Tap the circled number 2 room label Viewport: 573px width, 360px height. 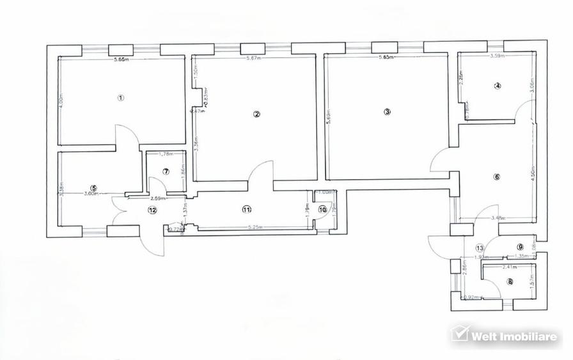[x=256, y=114]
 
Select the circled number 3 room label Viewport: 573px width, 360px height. [x=387, y=111]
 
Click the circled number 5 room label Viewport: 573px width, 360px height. [x=93, y=188]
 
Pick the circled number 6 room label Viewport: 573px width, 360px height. [x=496, y=177]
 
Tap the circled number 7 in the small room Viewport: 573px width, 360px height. [x=165, y=171]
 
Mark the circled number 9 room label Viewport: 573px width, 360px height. [x=520, y=247]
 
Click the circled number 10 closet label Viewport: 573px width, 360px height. [x=322, y=209]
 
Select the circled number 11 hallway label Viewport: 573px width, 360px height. [x=247, y=209]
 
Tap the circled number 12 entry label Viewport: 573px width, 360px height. [x=152, y=210]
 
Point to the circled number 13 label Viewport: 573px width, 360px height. [x=480, y=248]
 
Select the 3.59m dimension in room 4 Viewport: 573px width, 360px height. [x=498, y=56]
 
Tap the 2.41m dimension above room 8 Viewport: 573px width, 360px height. [x=510, y=267]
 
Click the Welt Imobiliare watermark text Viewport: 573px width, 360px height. [x=514, y=336]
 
